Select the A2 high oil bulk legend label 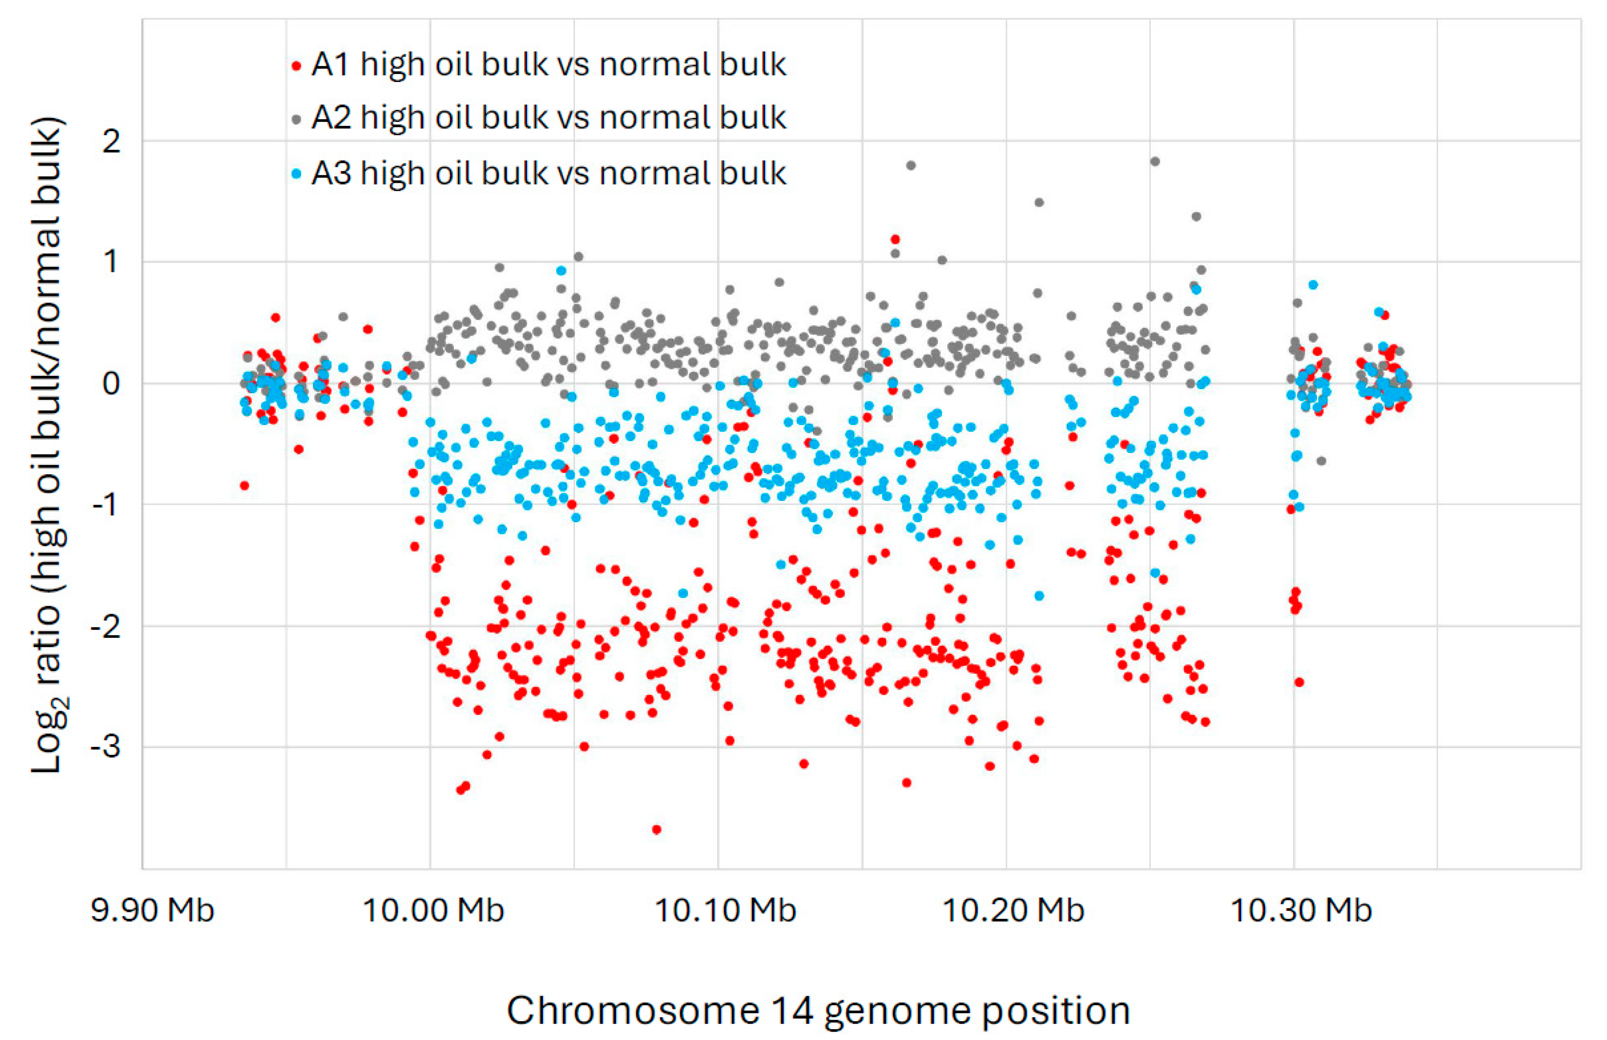point(548,118)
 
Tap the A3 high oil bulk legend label point(548,174)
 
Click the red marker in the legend point(296,66)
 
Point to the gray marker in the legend point(296,120)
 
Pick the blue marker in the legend point(296,174)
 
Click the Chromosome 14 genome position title point(818,1011)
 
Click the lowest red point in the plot point(656,829)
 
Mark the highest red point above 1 point(895,239)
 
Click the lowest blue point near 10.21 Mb point(1039,596)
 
